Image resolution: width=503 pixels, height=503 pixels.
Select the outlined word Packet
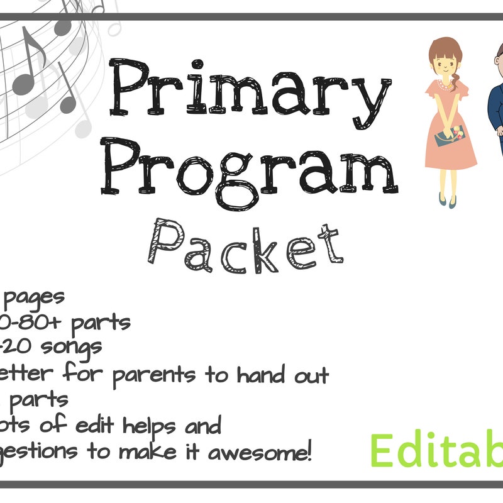[x=246, y=241]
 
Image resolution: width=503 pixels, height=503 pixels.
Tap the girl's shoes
[x=443, y=200]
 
